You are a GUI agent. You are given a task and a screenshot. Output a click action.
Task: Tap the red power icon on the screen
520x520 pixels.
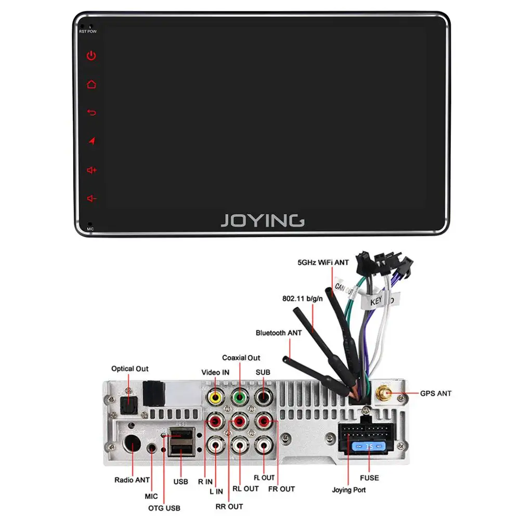(92, 56)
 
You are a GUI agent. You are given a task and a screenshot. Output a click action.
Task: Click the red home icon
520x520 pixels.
(92, 84)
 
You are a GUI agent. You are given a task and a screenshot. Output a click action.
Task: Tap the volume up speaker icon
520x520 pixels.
(92, 170)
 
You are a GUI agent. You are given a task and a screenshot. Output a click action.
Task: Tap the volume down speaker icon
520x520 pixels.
(92, 198)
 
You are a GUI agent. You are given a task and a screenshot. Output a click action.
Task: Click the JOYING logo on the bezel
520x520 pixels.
(263, 220)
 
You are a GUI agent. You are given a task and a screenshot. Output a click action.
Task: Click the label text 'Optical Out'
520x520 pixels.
(130, 369)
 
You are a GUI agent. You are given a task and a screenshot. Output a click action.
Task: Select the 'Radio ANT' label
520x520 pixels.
(132, 480)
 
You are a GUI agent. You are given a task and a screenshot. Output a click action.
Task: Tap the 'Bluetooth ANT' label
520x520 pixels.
(279, 333)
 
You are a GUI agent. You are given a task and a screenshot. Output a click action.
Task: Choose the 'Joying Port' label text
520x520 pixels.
(349, 490)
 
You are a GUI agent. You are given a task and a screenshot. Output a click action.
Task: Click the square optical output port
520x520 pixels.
(128, 405)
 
